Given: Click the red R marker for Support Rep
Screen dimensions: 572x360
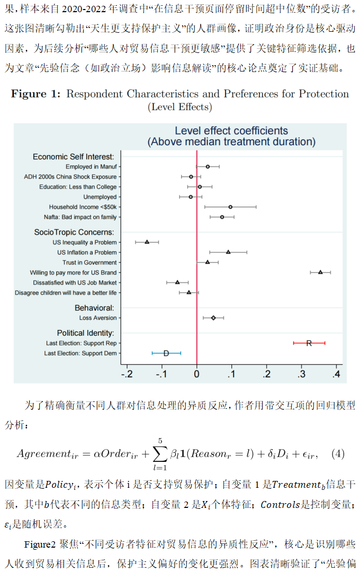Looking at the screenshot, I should click(x=309, y=343).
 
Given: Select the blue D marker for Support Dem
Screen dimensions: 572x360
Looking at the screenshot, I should click(x=166, y=353).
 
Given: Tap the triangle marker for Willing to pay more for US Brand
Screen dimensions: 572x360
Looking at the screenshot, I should click(x=320, y=272).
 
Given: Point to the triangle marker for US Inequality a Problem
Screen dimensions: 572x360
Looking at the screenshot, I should click(x=147, y=242).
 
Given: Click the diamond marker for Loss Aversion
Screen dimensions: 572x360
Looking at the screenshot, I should click(x=213, y=318).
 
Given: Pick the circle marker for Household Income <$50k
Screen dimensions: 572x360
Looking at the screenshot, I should click(x=230, y=207).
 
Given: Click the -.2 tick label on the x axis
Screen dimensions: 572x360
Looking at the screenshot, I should click(x=127, y=375).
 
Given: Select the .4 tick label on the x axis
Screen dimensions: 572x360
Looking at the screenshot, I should click(x=336, y=375).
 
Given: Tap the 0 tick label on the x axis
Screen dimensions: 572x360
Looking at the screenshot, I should click(x=197, y=375).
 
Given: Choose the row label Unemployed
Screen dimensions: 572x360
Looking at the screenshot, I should click(x=100, y=197).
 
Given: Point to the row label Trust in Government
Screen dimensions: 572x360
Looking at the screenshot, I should click(x=89, y=262).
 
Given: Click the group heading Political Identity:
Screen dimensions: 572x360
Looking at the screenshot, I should click(x=86, y=333).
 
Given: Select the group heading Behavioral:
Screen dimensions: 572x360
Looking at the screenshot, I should click(x=94, y=308).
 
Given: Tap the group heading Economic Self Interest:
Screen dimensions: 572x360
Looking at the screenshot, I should click(x=74, y=157).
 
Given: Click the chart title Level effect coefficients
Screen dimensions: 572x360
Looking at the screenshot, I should click(x=231, y=131).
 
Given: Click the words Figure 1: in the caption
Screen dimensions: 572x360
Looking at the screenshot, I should click(x=37, y=94).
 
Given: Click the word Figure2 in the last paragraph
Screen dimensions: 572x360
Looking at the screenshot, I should click(x=38, y=544).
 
